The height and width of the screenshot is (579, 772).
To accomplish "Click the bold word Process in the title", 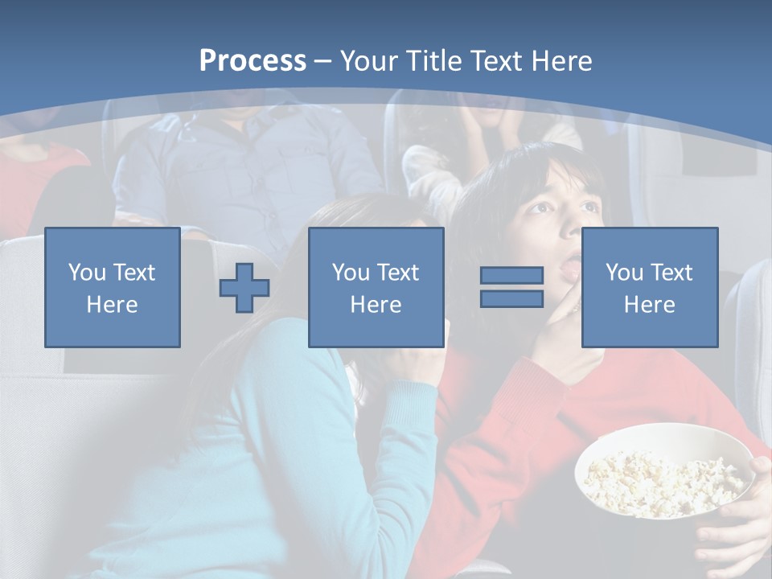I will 253,60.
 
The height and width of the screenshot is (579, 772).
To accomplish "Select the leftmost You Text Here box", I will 112,287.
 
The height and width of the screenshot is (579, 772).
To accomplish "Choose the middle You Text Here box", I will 376,287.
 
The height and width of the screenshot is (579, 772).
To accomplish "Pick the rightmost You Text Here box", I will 649,287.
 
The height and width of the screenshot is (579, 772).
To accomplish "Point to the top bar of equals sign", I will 511,276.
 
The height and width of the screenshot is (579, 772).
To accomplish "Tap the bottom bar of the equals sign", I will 511,298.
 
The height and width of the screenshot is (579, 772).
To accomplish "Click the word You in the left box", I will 86,273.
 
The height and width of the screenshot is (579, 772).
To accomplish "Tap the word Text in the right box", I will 667,273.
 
